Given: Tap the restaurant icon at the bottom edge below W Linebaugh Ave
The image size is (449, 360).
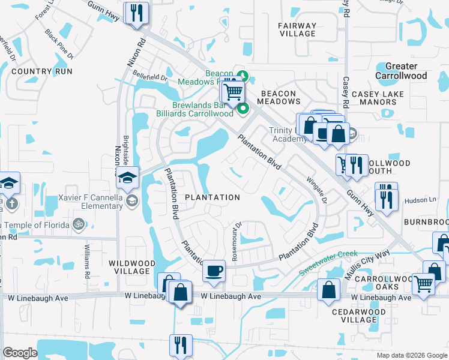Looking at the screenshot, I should pyautogui.click(x=181, y=345).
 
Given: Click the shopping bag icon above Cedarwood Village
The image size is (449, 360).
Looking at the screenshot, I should pyautogui.click(x=328, y=290).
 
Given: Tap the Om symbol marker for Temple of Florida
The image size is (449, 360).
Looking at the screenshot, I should pyautogui.click(x=77, y=224).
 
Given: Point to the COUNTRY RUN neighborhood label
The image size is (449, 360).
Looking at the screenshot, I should pyautogui.click(x=41, y=71).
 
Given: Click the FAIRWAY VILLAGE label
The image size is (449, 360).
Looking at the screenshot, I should pyautogui.click(x=297, y=29).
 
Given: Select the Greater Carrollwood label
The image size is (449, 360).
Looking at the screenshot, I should pyautogui.click(x=401, y=71).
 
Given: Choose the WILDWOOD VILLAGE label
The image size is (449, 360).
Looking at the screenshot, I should pyautogui.click(x=129, y=267).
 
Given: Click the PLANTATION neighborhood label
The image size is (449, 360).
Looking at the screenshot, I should pyautogui.click(x=212, y=197).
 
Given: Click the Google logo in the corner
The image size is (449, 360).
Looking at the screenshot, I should pyautogui.click(x=20, y=353).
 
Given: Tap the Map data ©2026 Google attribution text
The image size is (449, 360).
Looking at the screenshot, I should pyautogui.click(x=411, y=355).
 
